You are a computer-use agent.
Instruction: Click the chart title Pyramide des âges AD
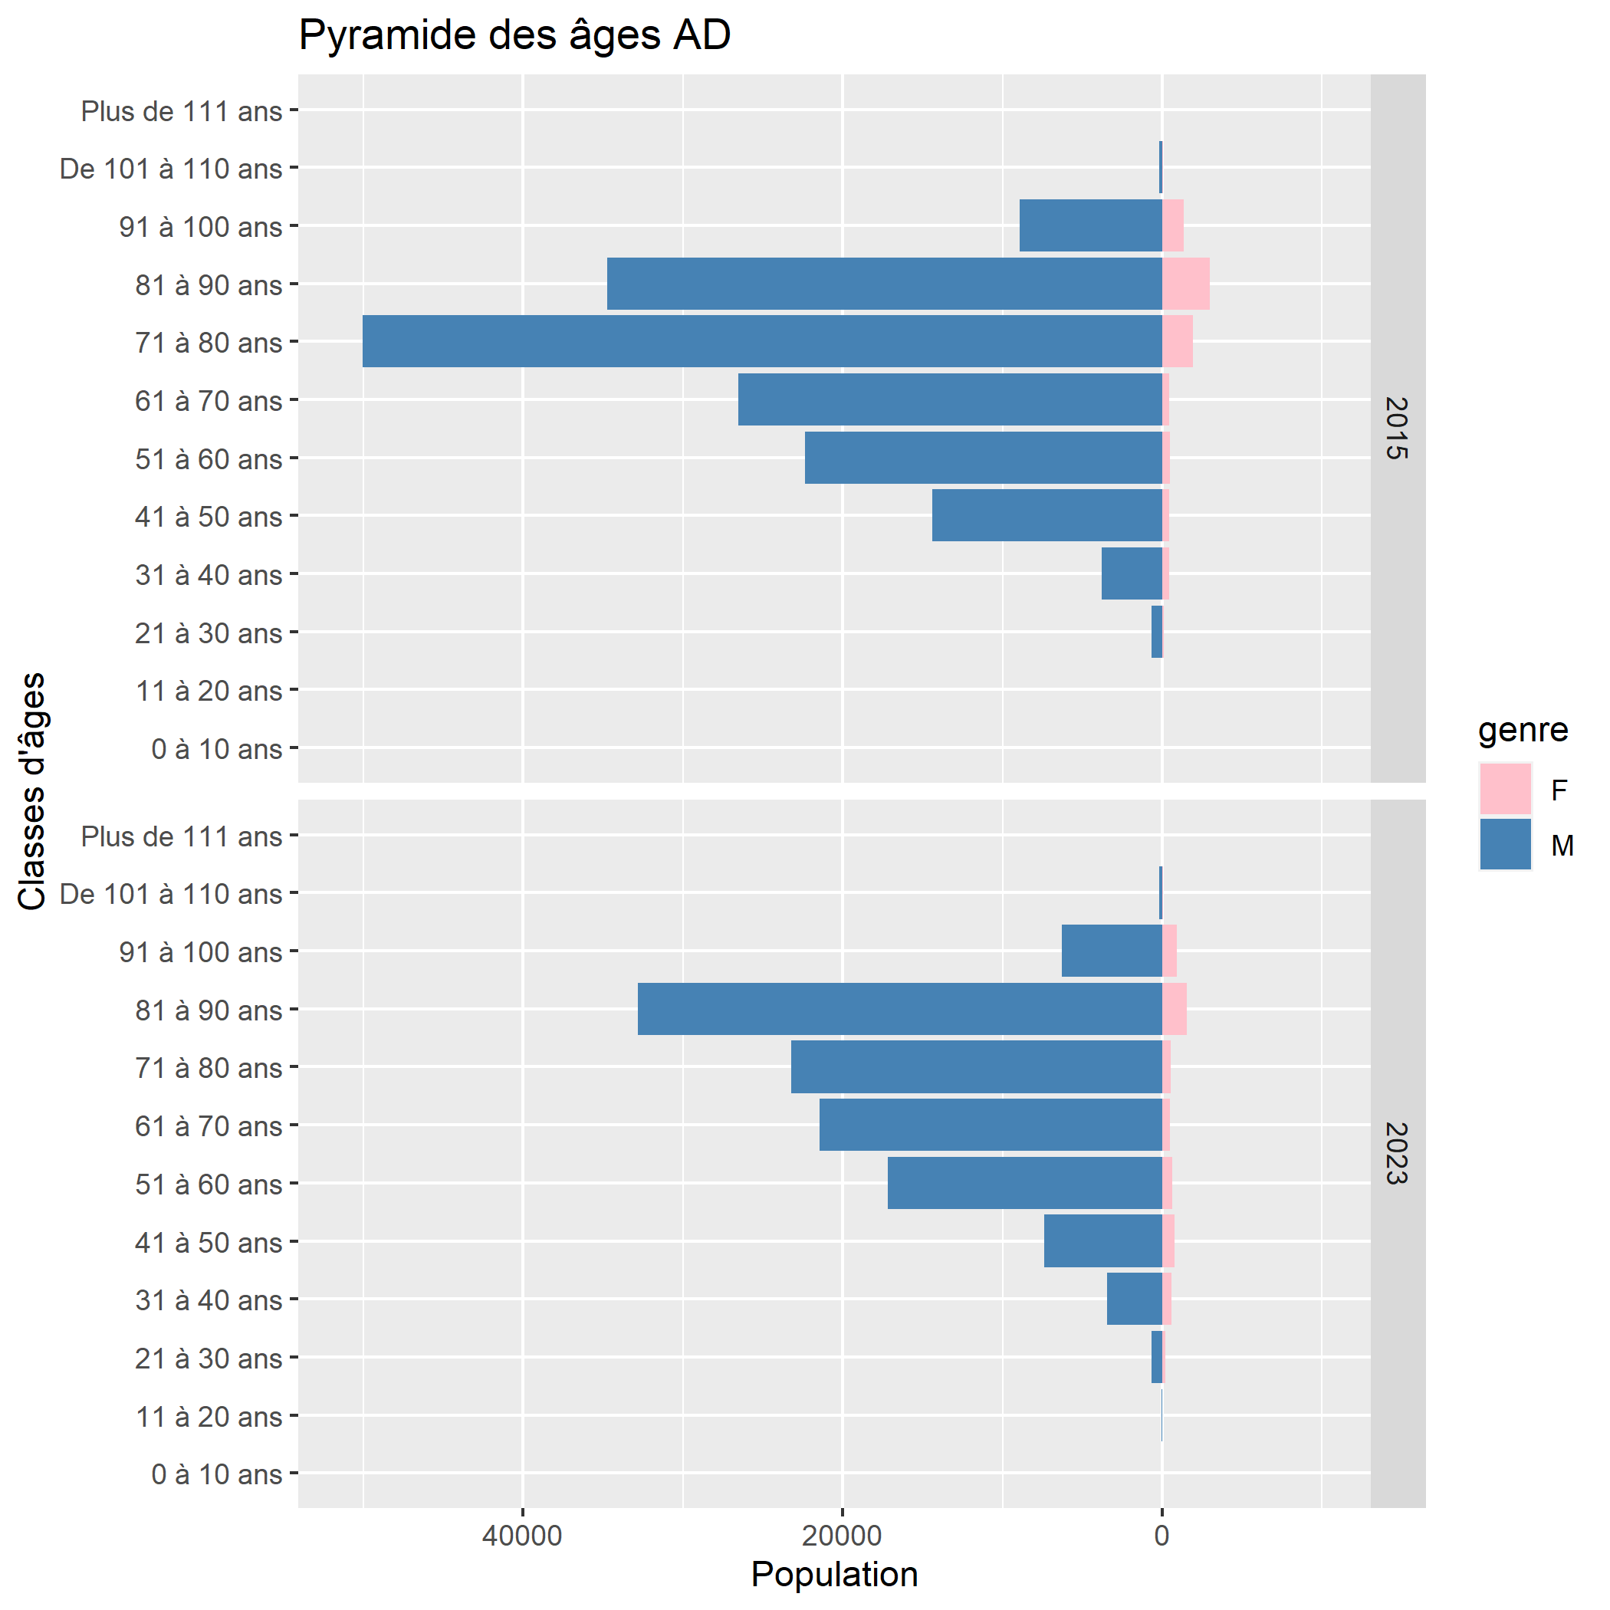pyautogui.click(x=514, y=36)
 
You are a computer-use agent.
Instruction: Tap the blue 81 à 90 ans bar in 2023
pyautogui.click(x=899, y=1008)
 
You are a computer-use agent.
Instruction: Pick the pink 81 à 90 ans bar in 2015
pyautogui.click(x=1185, y=284)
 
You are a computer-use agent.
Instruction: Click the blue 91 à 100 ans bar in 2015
pyautogui.click(x=1090, y=225)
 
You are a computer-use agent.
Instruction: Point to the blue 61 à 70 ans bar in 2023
pyautogui.click(x=990, y=1124)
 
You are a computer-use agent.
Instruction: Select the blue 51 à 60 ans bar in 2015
pyautogui.click(x=983, y=458)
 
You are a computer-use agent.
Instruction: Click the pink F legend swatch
pyautogui.click(x=1505, y=788)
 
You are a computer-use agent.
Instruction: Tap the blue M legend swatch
pyautogui.click(x=1505, y=844)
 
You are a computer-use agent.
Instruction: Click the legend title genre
pyautogui.click(x=1523, y=730)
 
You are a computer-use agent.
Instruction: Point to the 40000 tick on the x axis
pyautogui.click(x=523, y=1535)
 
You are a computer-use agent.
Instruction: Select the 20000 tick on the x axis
pyautogui.click(x=842, y=1535)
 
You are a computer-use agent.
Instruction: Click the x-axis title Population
pyautogui.click(x=834, y=1575)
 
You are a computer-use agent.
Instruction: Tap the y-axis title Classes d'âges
pyautogui.click(x=31, y=792)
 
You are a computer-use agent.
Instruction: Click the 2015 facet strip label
pyautogui.click(x=1397, y=429)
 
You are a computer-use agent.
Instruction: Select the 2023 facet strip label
pyautogui.click(x=1397, y=1153)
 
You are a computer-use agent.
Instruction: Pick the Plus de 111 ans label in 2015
pyautogui.click(x=182, y=111)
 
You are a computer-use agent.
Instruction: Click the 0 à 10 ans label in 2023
pyautogui.click(x=217, y=1474)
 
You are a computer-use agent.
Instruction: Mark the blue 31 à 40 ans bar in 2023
pyautogui.click(x=1133, y=1298)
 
